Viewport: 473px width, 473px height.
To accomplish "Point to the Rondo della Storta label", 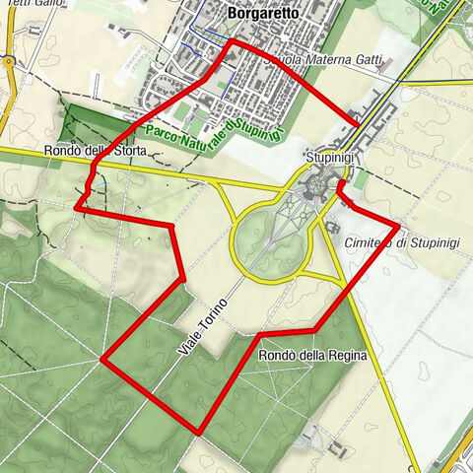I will coord(95,152).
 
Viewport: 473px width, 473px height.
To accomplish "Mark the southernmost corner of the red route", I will coord(199,432).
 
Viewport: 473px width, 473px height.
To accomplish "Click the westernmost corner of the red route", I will coord(76,208).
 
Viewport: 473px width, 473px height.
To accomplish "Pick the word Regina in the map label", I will coord(347,355).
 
